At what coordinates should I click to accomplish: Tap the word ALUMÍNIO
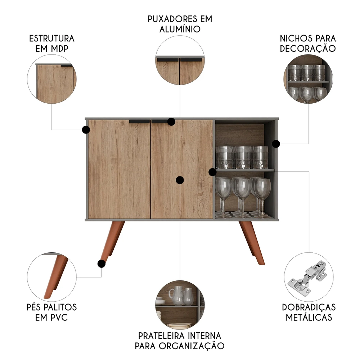click(x=180, y=29)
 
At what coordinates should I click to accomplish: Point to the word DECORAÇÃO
click(x=308, y=49)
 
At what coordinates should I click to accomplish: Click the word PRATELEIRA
click(x=162, y=336)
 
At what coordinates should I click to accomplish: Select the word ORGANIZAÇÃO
click(x=192, y=346)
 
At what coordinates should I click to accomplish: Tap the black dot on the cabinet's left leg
click(x=102, y=264)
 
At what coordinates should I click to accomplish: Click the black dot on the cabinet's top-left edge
click(x=86, y=130)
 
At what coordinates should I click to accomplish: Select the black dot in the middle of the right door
click(x=180, y=180)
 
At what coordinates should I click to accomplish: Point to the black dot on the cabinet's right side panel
click(x=276, y=144)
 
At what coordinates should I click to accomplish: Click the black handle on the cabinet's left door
click(x=139, y=121)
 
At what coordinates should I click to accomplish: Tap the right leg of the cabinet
click(x=252, y=242)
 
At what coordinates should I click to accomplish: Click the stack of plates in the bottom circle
click(x=180, y=325)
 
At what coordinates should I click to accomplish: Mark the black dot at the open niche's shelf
click(x=213, y=172)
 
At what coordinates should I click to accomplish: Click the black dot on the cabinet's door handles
click(x=171, y=122)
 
